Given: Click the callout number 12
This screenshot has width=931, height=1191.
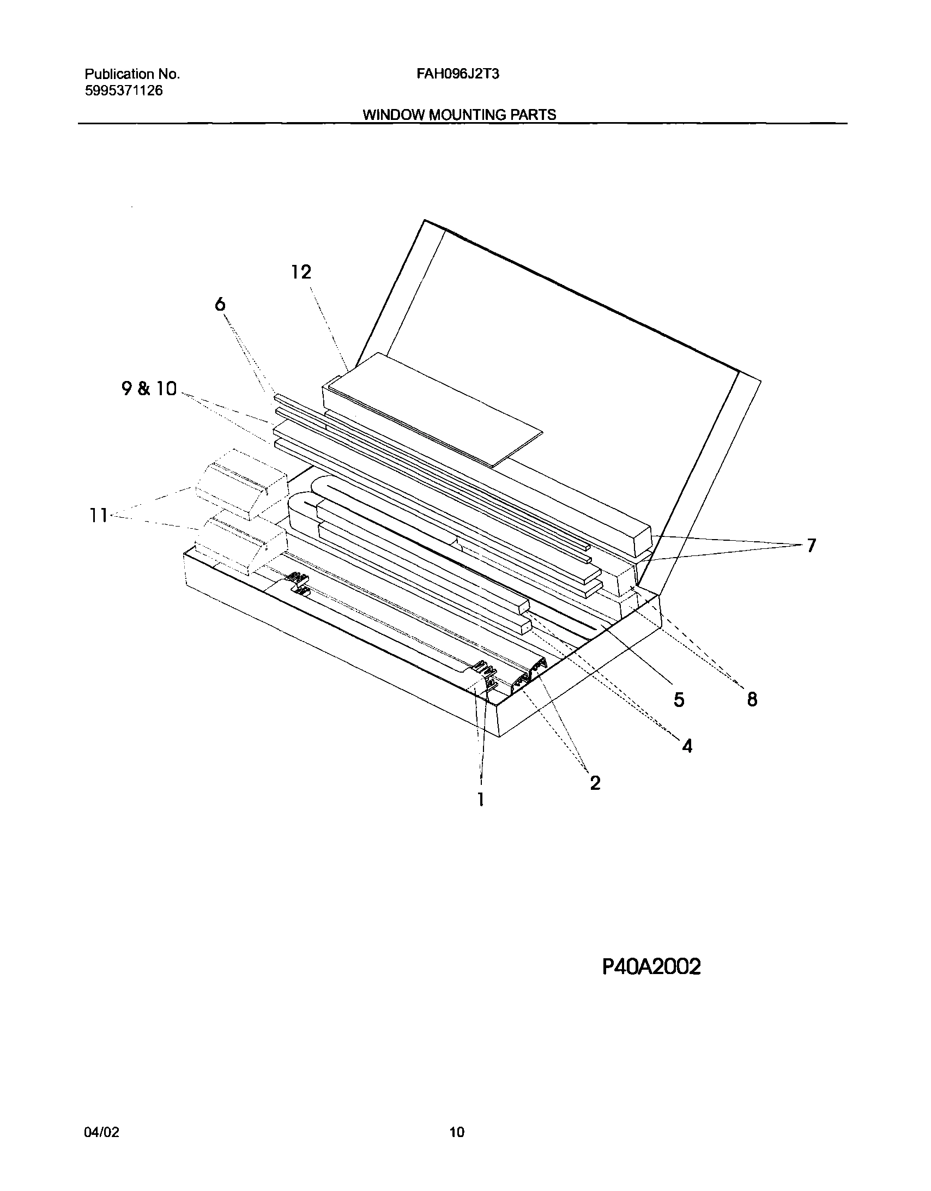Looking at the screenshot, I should tap(301, 271).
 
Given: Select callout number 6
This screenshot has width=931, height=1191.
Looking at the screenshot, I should tap(220, 304).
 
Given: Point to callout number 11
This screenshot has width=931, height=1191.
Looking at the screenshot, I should tap(99, 515).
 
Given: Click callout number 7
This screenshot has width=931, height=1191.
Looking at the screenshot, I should tap(811, 545).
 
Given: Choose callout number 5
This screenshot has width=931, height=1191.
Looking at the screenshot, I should tap(679, 699).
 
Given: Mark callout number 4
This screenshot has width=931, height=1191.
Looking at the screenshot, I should tap(687, 746).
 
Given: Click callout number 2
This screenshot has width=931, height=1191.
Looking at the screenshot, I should tap(595, 783).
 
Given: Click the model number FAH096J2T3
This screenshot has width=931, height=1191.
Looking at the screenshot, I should tap(457, 74).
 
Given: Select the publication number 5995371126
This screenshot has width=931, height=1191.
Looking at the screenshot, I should tap(124, 90).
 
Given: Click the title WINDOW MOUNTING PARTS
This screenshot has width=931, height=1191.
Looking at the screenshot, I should tap(459, 115).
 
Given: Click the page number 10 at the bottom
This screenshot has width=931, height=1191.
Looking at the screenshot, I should tap(457, 1132).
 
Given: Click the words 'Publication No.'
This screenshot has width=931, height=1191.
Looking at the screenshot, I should tap(132, 74).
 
